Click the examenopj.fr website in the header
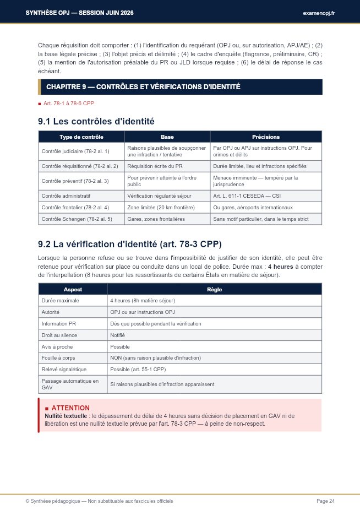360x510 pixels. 318,13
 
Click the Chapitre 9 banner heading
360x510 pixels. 143,87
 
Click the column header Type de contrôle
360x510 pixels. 81,137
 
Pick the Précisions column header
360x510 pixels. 265,137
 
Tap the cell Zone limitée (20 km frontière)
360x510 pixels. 161,207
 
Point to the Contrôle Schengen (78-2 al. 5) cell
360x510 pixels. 77,219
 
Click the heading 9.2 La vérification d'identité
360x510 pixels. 130,244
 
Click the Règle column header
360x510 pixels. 215,289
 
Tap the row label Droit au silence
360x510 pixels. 59,335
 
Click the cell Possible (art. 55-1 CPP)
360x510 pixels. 138,370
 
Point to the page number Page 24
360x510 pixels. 325,501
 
